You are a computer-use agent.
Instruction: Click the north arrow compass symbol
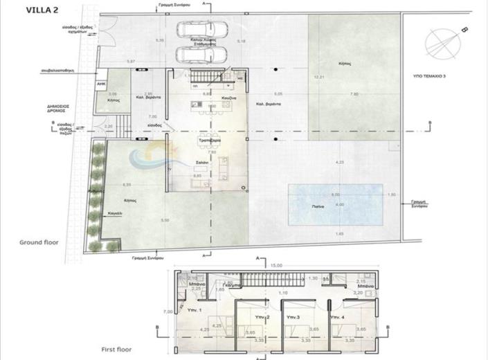pos(444,43)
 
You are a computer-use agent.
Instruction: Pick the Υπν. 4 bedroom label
pos(338,317)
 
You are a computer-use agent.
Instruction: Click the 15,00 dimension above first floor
pos(277,264)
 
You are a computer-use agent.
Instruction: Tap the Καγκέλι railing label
pos(116,213)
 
